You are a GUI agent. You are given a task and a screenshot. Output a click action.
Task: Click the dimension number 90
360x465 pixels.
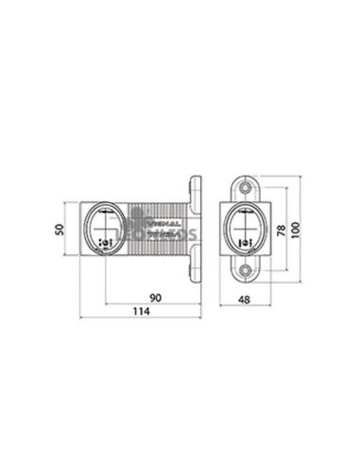(x=155, y=298)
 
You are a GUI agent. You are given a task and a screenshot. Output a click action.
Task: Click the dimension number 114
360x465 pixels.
(x=142, y=312)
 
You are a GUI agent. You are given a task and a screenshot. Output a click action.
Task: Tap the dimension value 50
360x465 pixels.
(x=58, y=230)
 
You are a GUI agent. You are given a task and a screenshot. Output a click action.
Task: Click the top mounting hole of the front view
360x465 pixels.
(x=246, y=189)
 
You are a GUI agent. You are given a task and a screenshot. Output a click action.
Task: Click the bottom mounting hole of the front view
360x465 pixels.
(x=246, y=271)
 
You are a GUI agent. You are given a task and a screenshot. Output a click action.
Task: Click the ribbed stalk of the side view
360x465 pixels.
(x=156, y=230)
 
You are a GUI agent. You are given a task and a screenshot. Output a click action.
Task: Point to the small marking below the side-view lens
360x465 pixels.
(x=105, y=243)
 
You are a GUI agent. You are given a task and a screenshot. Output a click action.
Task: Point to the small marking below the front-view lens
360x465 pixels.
(x=246, y=244)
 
